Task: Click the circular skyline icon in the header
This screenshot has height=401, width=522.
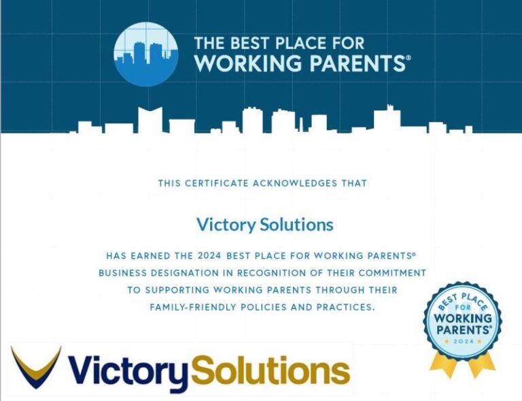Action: pos(146,55)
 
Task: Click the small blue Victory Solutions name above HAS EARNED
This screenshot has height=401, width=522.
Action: pos(264,224)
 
